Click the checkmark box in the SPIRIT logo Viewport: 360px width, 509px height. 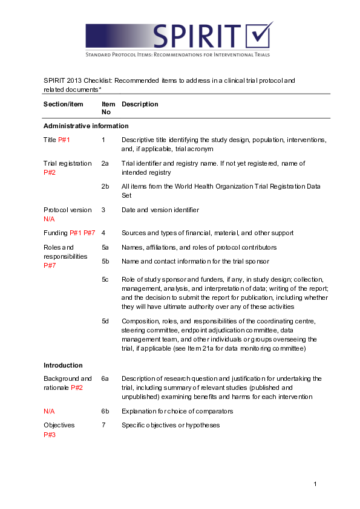click(x=258, y=36)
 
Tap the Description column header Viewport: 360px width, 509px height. click(x=140, y=105)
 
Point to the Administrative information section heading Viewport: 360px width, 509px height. click(x=86, y=126)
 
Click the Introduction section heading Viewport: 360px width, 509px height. click(x=64, y=365)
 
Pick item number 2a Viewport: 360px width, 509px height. click(x=105, y=163)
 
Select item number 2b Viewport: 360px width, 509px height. click(x=105, y=187)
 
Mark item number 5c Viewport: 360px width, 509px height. click(x=105, y=279)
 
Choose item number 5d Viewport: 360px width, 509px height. click(x=105, y=321)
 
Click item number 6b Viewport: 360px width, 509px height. click(x=105, y=411)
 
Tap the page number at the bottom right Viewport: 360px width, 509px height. click(x=315, y=484)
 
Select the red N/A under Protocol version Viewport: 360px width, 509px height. click(x=50, y=219)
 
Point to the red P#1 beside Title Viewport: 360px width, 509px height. click(x=64, y=140)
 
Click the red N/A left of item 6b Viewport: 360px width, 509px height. click(x=50, y=411)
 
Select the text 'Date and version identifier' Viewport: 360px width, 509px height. click(x=160, y=210)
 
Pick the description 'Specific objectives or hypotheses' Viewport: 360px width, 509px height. click(x=170, y=425)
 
